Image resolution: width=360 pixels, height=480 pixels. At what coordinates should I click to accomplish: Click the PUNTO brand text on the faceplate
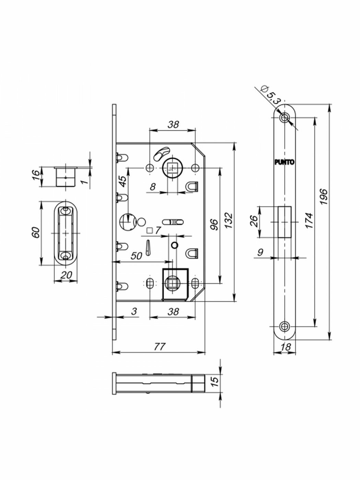point(284,163)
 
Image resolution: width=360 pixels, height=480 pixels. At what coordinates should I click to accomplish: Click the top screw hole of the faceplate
point(284,118)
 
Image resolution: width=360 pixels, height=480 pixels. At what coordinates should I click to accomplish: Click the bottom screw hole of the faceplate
point(284,326)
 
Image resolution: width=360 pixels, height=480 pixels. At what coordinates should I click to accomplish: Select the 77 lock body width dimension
point(159,347)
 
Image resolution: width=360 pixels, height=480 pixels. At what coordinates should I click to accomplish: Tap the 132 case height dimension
point(229,221)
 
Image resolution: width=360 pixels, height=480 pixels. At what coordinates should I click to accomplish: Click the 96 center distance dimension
point(214,225)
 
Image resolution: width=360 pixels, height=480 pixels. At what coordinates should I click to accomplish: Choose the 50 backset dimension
point(136,256)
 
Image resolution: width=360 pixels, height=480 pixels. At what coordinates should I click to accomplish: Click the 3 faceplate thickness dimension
point(134,311)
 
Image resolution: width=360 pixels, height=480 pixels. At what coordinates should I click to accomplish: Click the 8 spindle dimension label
point(153,187)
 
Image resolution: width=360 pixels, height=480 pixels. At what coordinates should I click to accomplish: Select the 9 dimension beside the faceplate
point(260,252)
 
